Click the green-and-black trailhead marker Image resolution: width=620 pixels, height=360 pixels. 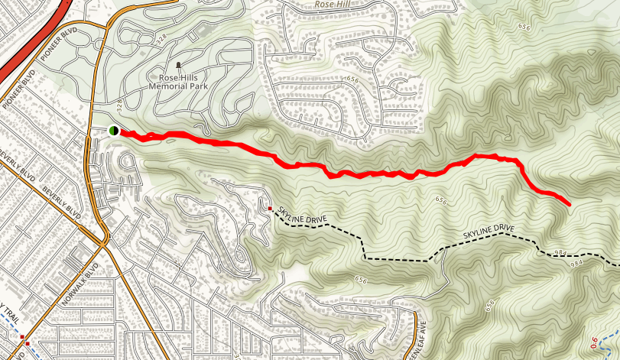point(113,131)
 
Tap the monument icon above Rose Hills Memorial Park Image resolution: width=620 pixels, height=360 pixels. point(179,66)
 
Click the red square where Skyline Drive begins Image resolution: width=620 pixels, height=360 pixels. point(270,208)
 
